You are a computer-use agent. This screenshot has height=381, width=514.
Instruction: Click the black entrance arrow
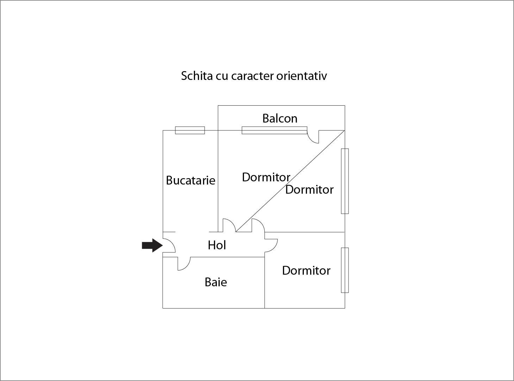152,245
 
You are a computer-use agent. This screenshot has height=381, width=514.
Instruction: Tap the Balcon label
280,118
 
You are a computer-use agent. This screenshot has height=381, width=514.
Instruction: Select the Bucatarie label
190,180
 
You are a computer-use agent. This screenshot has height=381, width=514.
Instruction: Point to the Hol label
217,245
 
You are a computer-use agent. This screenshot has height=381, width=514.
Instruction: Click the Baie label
216,282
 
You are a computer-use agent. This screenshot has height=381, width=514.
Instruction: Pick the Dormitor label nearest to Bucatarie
266,177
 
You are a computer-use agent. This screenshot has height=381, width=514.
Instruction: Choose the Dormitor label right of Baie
306,270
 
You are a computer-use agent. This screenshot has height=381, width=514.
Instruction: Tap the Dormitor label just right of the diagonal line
309,189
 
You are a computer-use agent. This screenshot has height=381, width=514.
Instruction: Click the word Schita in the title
197,76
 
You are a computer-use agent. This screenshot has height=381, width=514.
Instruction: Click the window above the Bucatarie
190,130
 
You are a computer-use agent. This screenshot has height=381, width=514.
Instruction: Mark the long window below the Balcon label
274,130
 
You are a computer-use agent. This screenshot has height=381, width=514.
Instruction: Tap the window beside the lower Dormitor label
345,270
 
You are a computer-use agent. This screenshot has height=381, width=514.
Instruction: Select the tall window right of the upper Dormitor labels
345,181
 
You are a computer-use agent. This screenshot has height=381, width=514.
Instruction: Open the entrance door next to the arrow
169,245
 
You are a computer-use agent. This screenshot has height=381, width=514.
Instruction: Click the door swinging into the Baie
184,264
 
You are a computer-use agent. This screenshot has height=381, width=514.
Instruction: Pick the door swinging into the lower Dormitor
271,245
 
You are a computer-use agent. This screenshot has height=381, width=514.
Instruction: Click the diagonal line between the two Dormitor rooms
290,181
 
